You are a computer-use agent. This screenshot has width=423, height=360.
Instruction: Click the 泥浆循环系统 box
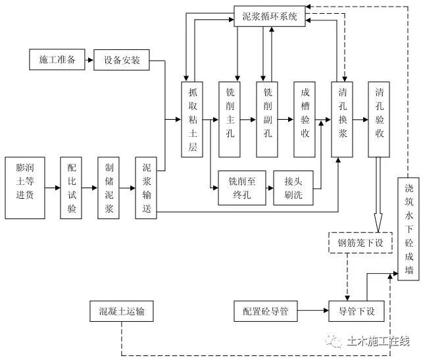[270, 16]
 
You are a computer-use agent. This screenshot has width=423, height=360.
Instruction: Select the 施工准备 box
[57, 61]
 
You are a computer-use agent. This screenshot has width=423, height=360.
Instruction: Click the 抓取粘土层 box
[193, 120]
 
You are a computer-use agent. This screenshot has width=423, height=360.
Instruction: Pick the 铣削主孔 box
[230, 120]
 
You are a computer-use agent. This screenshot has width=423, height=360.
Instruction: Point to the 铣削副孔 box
[267, 120]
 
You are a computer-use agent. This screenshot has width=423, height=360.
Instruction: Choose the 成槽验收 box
[305, 120]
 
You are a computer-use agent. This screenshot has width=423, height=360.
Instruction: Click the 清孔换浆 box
[342, 120]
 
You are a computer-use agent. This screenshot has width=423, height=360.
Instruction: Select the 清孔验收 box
[380, 120]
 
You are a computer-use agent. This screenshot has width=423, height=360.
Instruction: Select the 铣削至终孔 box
[240, 188]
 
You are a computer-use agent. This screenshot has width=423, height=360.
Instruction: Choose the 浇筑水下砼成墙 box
[409, 228]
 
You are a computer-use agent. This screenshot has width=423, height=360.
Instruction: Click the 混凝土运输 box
[122, 311]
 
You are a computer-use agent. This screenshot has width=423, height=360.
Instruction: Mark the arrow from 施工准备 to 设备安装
[89, 61]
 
